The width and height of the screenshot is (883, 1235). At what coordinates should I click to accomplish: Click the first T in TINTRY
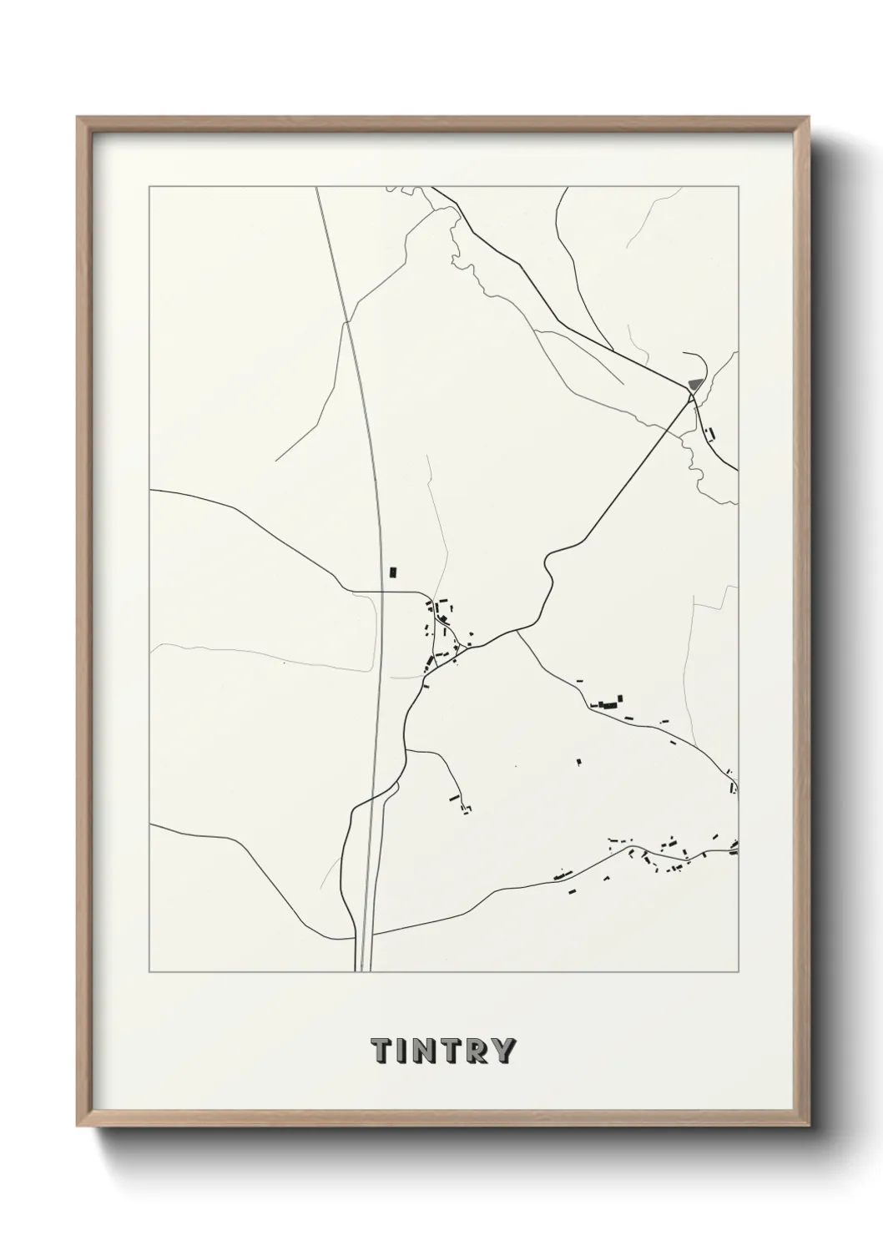click(x=381, y=1051)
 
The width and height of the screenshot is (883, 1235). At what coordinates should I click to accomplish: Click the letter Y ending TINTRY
click(x=504, y=1051)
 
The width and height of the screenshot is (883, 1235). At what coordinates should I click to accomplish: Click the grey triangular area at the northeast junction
click(x=694, y=385)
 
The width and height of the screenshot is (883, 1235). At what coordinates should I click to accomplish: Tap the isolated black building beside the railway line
click(x=393, y=572)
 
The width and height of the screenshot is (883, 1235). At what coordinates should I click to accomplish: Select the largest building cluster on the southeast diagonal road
click(x=610, y=703)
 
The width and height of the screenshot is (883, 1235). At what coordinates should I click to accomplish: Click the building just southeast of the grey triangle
click(x=710, y=433)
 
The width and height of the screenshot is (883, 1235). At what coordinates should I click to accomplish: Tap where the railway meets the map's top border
click(x=318, y=187)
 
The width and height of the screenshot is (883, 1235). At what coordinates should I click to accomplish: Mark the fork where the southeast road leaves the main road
click(x=517, y=631)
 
